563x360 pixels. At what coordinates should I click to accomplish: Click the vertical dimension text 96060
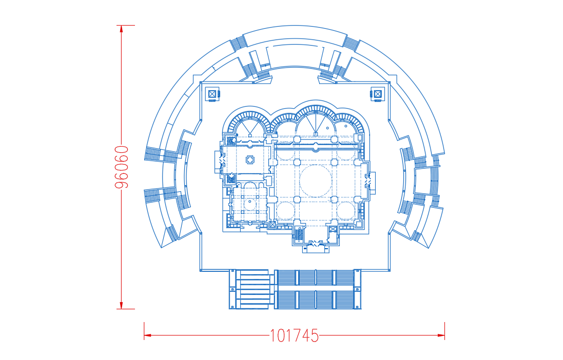click(121, 167)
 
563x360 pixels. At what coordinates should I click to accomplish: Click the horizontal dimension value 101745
click(294, 336)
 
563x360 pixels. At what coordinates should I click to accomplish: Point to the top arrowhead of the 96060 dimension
click(121, 29)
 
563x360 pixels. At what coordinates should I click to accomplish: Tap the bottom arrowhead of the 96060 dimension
click(121, 305)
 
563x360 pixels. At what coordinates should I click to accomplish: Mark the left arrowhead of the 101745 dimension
click(148, 335)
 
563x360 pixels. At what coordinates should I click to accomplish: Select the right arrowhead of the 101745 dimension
click(441, 335)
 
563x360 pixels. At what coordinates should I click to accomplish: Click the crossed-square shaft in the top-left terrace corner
click(212, 94)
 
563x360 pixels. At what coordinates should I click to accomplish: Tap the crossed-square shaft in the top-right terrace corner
click(377, 94)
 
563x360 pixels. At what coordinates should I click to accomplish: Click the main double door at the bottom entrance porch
click(316, 244)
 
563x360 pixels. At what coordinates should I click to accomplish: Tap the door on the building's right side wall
click(367, 181)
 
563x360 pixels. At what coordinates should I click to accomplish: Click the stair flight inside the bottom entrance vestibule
click(299, 235)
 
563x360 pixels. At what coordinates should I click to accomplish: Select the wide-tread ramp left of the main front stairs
click(253, 289)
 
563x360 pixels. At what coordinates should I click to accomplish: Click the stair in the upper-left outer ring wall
click(239, 44)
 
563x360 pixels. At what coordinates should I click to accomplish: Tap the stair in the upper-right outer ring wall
click(352, 43)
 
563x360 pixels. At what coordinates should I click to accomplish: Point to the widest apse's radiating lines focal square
click(316, 134)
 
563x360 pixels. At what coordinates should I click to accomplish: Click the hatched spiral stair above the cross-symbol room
click(231, 141)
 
